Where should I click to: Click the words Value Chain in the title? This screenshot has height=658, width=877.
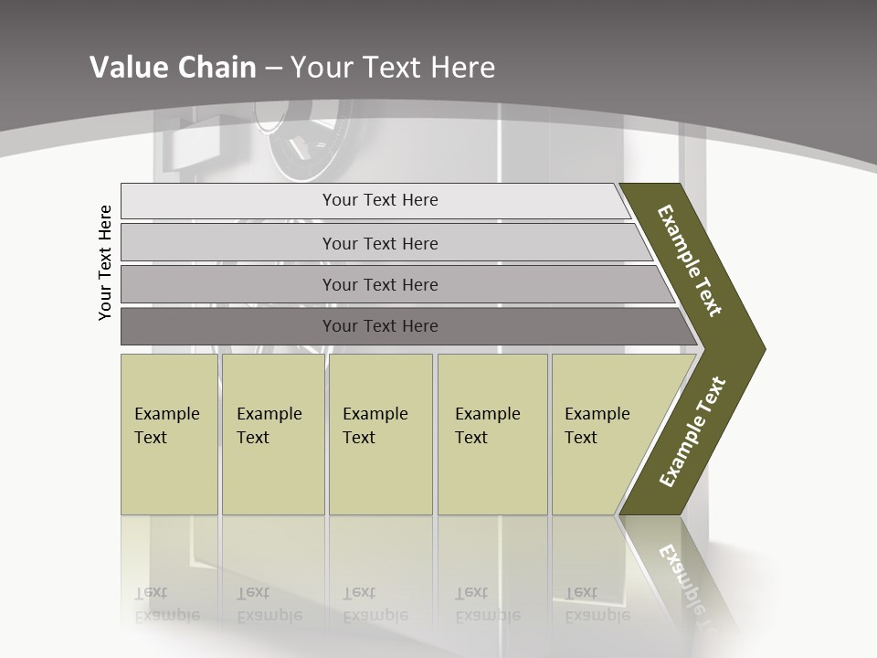[x=173, y=68]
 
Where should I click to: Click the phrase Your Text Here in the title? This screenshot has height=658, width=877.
[x=393, y=68]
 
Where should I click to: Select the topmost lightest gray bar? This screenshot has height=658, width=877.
[x=380, y=200]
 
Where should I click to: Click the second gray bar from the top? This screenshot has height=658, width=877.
[x=380, y=243]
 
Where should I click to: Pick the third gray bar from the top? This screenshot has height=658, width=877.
[x=380, y=284]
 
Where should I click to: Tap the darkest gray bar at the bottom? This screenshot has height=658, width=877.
[x=380, y=326]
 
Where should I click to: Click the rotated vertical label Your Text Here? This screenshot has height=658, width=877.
[x=106, y=262]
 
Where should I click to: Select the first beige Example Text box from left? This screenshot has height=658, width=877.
[x=169, y=434]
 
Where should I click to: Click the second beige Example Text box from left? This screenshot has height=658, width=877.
[x=272, y=434]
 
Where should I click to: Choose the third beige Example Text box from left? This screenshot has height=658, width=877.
[x=380, y=434]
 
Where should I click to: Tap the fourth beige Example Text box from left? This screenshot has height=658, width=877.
[x=492, y=434]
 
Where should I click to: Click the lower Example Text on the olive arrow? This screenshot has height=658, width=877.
[x=693, y=432]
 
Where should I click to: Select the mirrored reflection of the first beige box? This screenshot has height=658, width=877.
[x=169, y=576]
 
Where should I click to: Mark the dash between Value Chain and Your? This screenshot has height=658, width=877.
[x=273, y=69]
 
